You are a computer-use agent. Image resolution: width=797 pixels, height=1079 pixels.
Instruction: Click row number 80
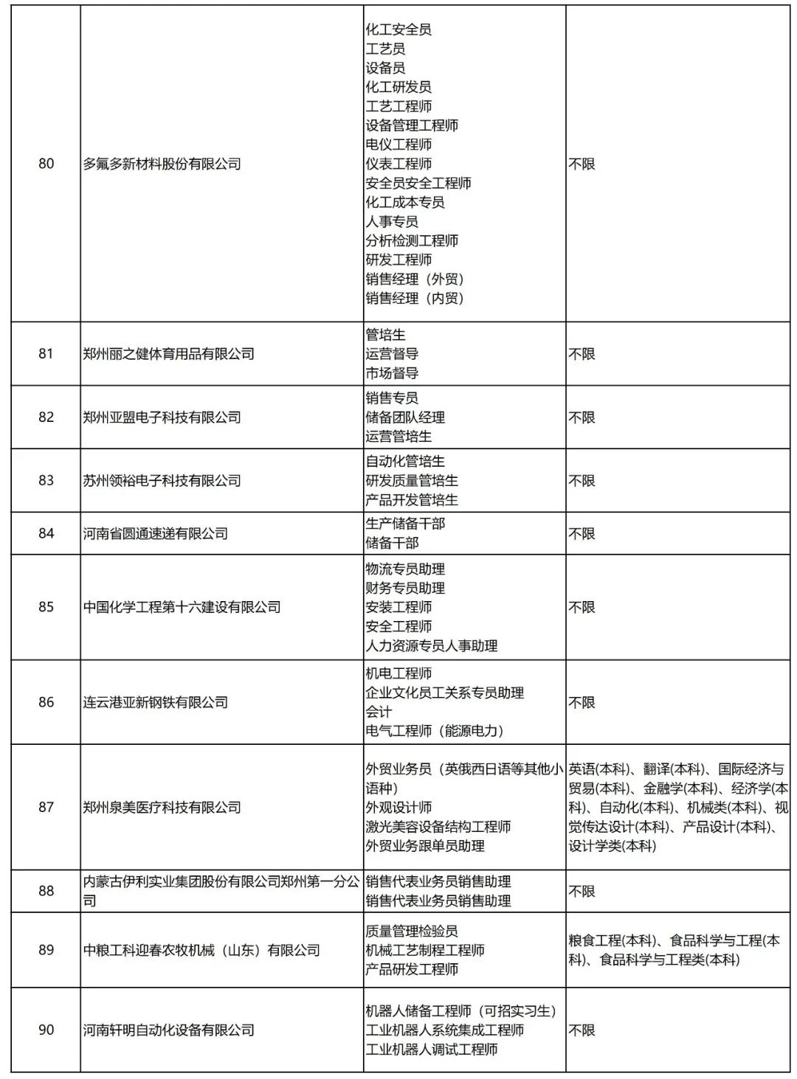pos(46,164)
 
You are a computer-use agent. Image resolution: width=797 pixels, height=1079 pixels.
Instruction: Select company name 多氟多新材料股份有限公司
pos(162,164)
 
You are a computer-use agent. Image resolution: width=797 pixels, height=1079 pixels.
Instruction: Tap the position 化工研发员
pos(398,87)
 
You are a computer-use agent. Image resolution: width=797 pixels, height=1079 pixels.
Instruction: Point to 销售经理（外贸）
pos(415,279)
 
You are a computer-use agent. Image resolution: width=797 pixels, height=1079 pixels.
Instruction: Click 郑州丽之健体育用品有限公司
pos(169,354)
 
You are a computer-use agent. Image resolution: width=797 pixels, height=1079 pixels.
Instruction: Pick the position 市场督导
pos(392,373)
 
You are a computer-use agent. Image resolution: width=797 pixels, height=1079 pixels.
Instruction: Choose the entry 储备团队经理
pos(405,417)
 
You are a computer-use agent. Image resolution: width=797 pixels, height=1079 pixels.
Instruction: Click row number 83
pos(46,481)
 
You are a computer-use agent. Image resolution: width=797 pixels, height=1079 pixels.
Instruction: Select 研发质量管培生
pos(412,481)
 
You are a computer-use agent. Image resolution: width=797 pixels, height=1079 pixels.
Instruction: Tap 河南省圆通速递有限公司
pos(156,533)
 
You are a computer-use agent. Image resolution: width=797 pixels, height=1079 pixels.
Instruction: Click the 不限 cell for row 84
pos(582,533)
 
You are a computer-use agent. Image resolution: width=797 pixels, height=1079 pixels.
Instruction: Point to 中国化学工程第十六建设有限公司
pos(182,607)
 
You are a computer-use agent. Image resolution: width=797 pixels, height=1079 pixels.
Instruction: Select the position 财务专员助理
pos(405,589)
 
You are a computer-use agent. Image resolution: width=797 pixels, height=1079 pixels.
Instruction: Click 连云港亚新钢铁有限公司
pos(156,702)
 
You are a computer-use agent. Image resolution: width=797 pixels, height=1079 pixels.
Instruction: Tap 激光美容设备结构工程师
pos(438,827)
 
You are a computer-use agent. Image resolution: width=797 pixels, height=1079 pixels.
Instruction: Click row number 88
pos(46,891)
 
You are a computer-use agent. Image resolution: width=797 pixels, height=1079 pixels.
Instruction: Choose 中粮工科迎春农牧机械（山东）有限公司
pos(201,950)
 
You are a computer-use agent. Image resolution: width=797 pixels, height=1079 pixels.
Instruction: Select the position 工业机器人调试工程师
pos(432,1049)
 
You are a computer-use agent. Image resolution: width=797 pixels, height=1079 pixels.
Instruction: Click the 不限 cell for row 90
pos(582,1030)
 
